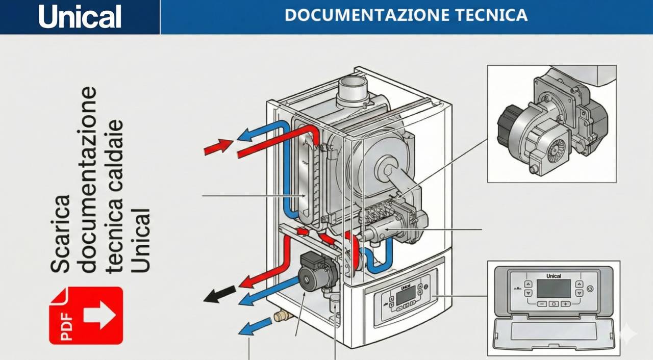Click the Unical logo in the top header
coord(80,17)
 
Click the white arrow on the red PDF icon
coord(99,315)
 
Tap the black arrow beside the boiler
coord(220,294)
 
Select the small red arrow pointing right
coord(215,147)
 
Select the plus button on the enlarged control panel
coord(565,304)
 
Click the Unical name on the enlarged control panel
coord(554,276)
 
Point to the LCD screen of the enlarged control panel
coord(554,288)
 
